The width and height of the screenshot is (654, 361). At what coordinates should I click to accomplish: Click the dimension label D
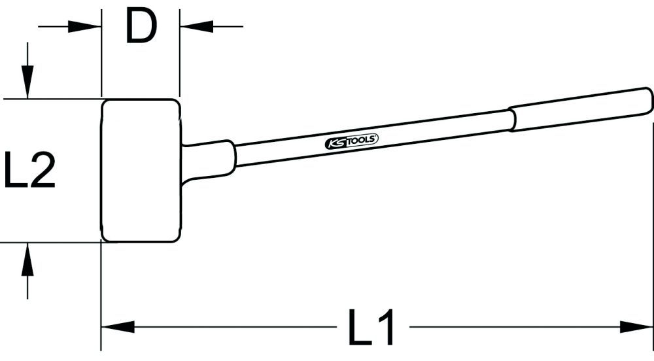pyautogui.click(x=141, y=27)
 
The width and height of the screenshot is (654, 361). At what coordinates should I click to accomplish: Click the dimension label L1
pyautogui.click(x=372, y=327)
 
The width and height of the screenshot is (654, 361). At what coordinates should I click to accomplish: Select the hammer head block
pyautogui.click(x=141, y=170)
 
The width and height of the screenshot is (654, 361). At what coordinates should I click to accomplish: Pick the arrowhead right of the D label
pyautogui.click(x=192, y=27)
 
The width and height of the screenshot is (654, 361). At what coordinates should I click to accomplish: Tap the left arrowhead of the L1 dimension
pyautogui.click(x=118, y=326)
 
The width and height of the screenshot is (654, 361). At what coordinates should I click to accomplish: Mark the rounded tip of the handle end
pyautogui.click(x=649, y=100)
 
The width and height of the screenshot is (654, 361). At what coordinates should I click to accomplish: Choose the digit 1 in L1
pyautogui.click(x=387, y=327)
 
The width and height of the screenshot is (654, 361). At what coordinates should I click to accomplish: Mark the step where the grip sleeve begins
pyautogui.click(x=512, y=120)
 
